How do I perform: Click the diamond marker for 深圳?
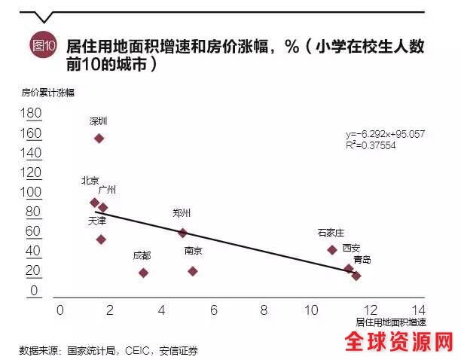[x=99, y=138]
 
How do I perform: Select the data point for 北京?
[x=94, y=203]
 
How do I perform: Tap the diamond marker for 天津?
[x=102, y=239]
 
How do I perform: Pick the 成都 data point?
[x=143, y=273]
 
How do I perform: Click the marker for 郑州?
[x=182, y=233]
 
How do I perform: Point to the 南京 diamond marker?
[x=193, y=271]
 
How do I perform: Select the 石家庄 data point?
[x=331, y=249]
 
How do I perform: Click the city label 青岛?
[x=362, y=260]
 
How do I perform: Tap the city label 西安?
[x=352, y=248]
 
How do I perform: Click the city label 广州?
[x=107, y=189]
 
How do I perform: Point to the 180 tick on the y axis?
[x=32, y=113]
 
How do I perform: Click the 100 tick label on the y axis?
[x=32, y=192]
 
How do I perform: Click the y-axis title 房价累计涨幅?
[x=47, y=93]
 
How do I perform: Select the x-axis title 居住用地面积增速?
[x=389, y=322]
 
